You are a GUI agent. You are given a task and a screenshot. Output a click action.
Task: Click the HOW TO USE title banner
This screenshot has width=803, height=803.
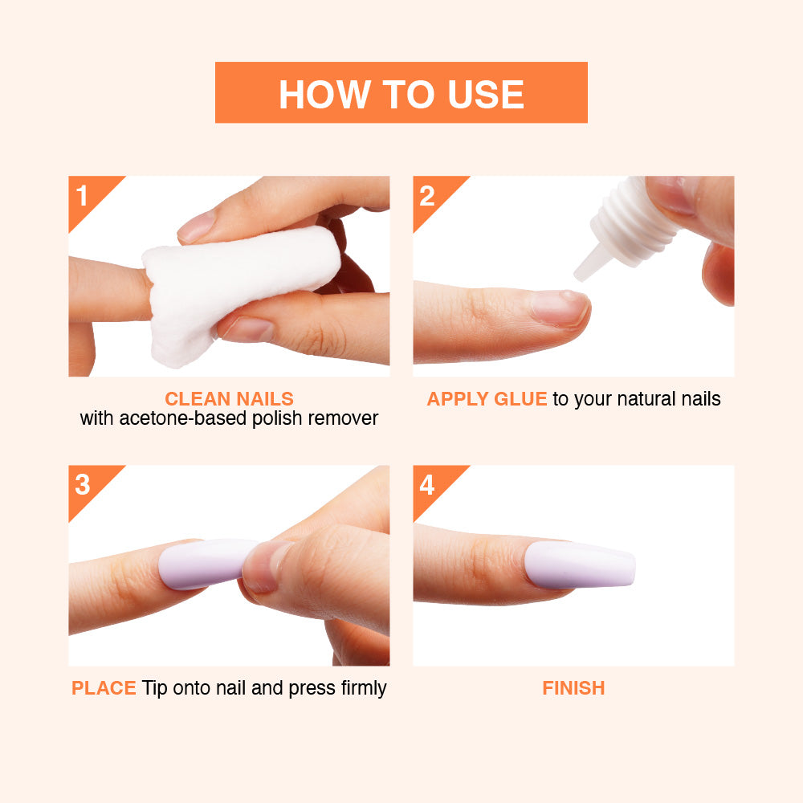click(x=401, y=92)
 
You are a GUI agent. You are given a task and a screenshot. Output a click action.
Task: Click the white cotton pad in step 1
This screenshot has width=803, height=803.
click(x=235, y=287)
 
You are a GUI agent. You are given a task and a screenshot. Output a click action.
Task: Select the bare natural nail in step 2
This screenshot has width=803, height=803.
click(x=559, y=308)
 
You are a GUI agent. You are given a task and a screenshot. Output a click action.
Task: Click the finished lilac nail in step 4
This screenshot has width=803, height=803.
click(x=580, y=565)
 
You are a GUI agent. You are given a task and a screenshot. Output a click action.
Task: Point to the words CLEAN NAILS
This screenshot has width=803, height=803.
click(x=229, y=399)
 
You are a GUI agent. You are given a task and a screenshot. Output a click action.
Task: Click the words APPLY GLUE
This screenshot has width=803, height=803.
click(x=487, y=399)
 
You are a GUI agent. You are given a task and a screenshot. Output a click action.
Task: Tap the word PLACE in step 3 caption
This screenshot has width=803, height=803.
click(x=104, y=688)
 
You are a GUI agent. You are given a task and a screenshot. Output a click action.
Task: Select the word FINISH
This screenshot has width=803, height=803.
click(x=573, y=688)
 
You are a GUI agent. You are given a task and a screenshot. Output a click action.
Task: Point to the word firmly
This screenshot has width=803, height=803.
click(x=364, y=689)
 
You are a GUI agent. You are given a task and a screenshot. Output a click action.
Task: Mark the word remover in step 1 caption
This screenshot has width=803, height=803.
click(x=343, y=419)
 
